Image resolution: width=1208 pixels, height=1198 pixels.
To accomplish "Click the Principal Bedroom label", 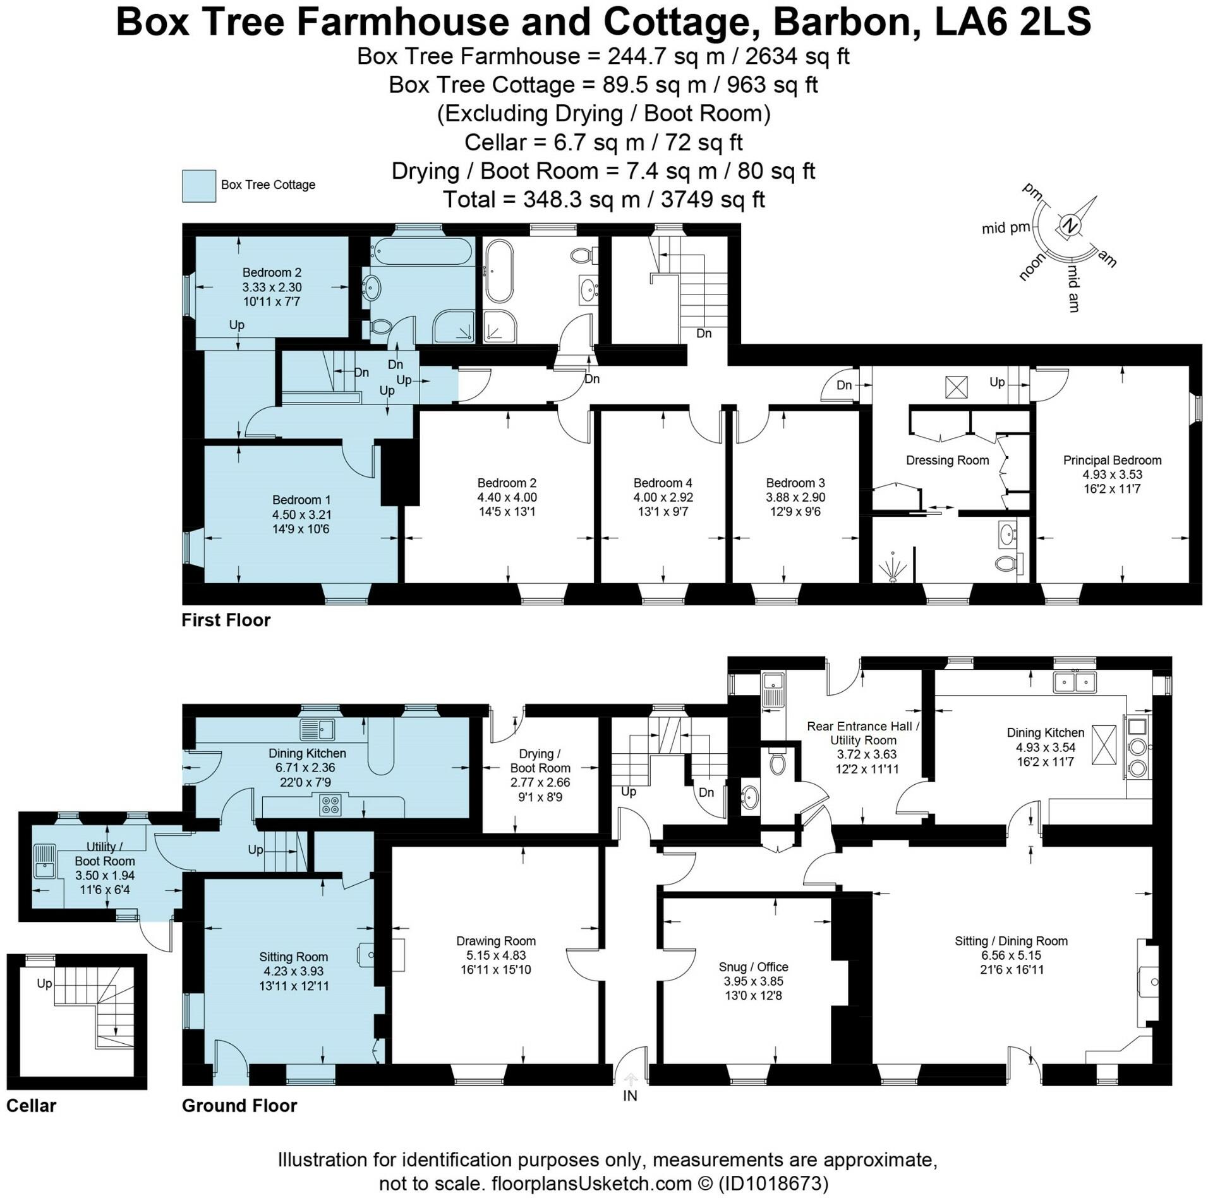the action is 1112,460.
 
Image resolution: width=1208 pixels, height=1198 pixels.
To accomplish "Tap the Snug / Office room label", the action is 753,967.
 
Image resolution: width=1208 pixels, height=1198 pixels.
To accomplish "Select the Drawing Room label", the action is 496,941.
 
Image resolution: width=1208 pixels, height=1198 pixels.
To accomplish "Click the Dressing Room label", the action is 947,461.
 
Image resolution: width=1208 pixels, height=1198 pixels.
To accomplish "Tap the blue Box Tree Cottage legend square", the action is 199,186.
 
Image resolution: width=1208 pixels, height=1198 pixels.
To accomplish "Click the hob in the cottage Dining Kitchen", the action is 330,804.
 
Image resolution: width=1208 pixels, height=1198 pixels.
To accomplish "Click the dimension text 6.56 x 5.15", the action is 1011,955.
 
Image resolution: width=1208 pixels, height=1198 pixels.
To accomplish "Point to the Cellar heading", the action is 31,1106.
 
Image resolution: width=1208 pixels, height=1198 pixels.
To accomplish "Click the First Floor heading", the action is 226,620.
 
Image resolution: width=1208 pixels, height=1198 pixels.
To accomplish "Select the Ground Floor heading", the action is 239,1106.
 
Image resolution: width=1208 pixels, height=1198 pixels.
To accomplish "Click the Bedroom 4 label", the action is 663,483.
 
